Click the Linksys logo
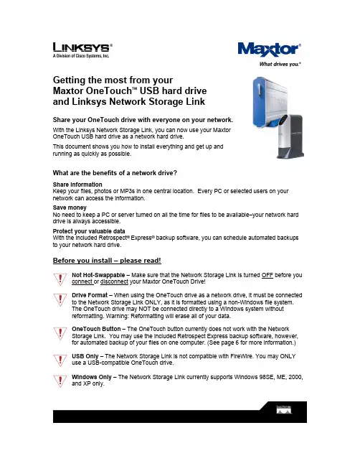tap(82, 50)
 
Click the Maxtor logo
tap(269, 50)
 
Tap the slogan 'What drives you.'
tap(280, 64)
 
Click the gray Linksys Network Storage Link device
tap(290, 136)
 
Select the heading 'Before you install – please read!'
tap(107, 261)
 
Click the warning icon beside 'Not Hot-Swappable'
tap(60, 279)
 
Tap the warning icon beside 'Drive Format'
tap(60, 299)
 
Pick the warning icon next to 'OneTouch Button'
tap(60, 333)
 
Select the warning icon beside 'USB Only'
tap(60, 360)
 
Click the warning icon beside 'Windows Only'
tap(60, 381)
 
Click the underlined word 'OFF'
tap(267, 275)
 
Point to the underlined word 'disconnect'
tap(114, 281)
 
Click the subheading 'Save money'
tap(70, 208)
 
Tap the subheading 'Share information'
tap(77, 185)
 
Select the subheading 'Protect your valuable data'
tap(89, 231)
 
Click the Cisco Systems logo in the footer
tap(284, 410)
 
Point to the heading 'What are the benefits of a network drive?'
tap(115, 173)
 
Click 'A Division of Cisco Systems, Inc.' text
tap(81, 56)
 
